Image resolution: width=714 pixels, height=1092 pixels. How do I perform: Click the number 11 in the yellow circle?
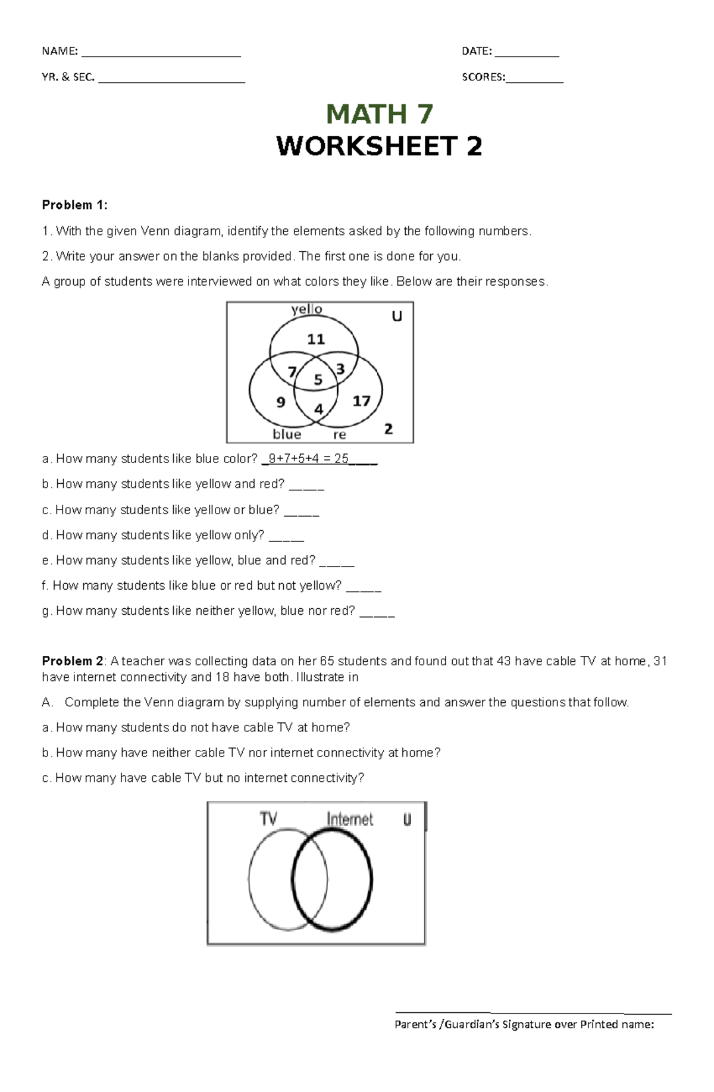[315, 339]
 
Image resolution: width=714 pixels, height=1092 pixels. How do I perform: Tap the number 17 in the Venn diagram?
[361, 401]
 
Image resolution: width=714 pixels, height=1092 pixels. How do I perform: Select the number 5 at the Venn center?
[318, 380]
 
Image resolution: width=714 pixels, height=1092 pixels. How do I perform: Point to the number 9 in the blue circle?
[281, 402]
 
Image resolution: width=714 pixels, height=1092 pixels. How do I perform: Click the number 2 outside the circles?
[389, 428]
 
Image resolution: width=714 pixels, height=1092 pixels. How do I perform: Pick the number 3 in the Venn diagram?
[340, 370]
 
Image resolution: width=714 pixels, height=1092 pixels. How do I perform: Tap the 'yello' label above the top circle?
[306, 309]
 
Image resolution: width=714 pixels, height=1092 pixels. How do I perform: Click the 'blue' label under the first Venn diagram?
[287, 434]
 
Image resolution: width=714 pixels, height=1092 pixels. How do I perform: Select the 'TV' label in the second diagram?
[268, 819]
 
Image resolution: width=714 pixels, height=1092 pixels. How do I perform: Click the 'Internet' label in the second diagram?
[349, 819]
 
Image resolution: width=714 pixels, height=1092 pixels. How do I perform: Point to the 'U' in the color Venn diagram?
[396, 317]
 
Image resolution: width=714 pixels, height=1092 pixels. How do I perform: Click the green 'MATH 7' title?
[379, 114]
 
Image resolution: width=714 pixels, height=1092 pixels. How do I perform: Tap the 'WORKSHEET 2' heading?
[379, 146]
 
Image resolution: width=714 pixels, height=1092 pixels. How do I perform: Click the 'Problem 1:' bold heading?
[74, 205]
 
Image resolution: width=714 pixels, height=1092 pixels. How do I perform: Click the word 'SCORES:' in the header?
[483, 77]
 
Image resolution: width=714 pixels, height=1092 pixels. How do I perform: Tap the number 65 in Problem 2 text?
[327, 661]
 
